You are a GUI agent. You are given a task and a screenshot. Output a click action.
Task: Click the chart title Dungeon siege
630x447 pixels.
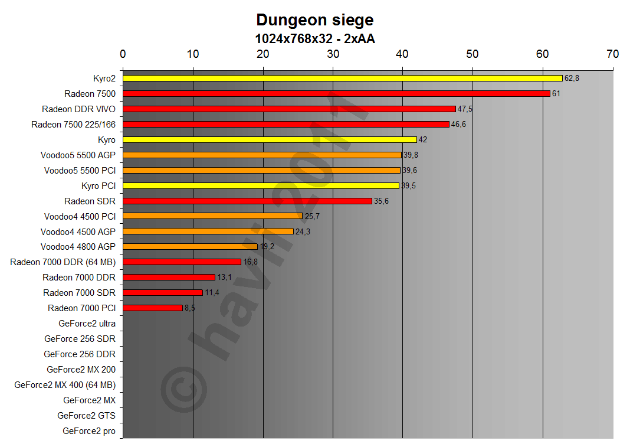(x=314, y=20)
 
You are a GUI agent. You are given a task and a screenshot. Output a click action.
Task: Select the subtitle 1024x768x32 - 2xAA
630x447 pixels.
(x=314, y=39)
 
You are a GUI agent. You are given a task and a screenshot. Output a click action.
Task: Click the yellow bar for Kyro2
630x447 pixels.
(x=342, y=78)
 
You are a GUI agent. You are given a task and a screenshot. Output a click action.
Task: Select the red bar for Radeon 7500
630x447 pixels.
(x=336, y=93)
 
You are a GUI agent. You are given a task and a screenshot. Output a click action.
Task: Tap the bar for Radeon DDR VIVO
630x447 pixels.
(x=289, y=109)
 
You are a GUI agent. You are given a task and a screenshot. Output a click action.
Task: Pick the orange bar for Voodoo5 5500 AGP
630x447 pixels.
(x=262, y=155)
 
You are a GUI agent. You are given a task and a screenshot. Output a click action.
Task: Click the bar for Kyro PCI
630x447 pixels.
(x=261, y=185)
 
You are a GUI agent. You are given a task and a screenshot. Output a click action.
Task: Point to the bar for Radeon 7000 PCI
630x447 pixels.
(x=153, y=308)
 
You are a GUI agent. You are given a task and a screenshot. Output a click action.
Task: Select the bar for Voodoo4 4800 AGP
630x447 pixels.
(x=190, y=246)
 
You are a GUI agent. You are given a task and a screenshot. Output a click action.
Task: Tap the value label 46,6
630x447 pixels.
(x=458, y=124)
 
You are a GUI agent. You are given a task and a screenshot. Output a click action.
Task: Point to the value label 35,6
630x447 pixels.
(x=381, y=201)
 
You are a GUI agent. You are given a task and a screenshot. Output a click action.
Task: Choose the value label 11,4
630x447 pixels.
(x=212, y=293)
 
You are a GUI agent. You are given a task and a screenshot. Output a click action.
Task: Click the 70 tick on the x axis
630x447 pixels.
(x=612, y=54)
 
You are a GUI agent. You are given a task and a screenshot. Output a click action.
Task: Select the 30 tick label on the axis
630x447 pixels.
(x=333, y=54)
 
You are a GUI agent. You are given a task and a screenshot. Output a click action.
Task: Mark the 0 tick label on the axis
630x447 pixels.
(x=123, y=54)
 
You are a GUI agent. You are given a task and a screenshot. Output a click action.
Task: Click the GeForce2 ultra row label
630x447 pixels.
(x=87, y=324)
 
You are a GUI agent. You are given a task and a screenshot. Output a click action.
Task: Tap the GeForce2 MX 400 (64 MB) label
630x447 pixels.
(x=65, y=385)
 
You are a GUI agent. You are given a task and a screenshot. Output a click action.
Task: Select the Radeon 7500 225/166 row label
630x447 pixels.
(x=73, y=124)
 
